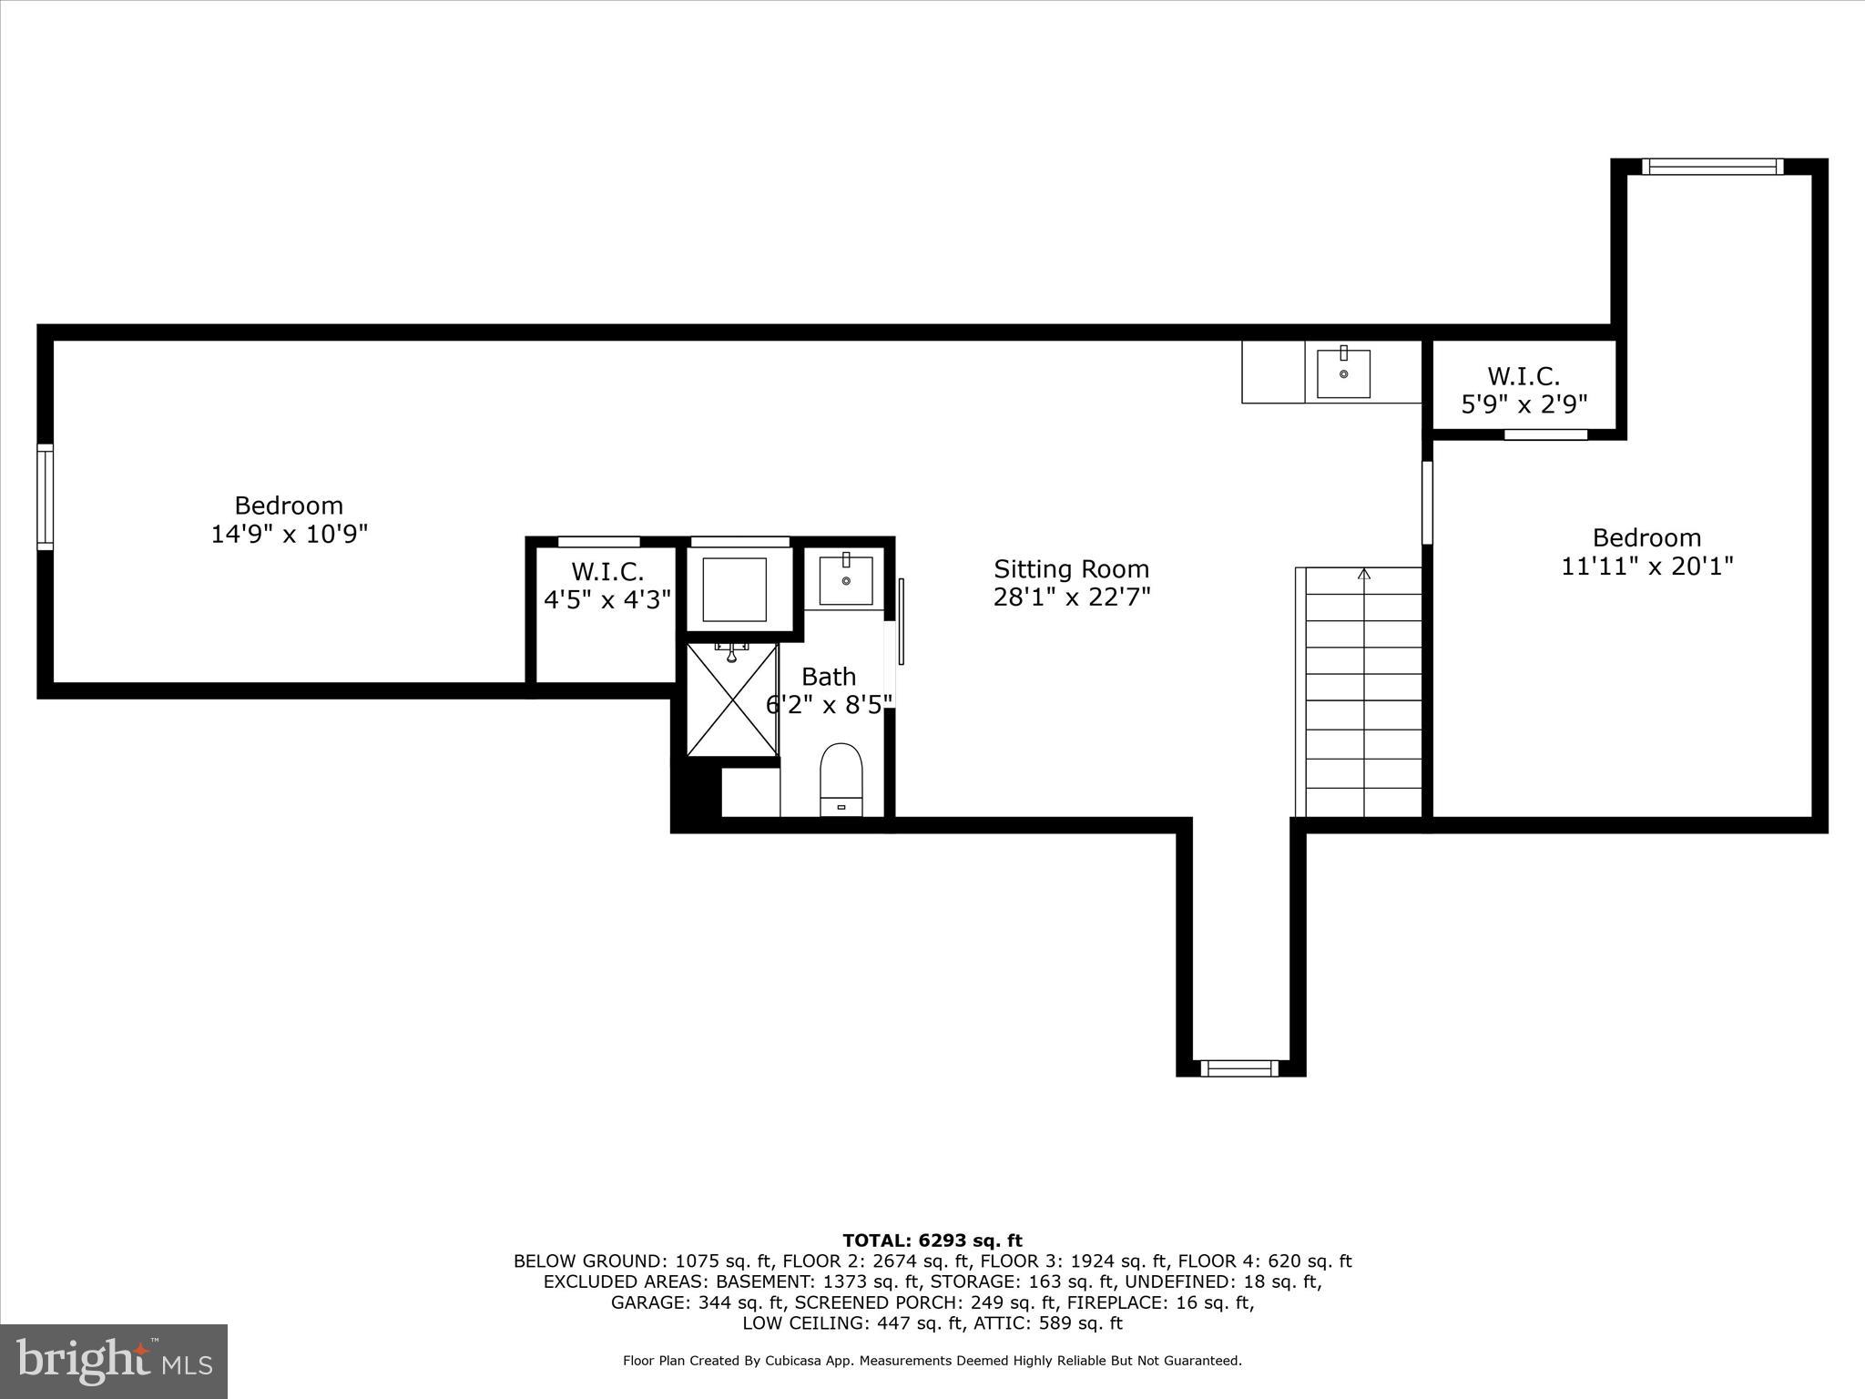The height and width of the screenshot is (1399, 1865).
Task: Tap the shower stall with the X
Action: (x=732, y=699)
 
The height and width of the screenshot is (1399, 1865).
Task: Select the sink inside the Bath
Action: (x=846, y=580)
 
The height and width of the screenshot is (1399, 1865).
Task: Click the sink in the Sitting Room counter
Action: (x=1343, y=373)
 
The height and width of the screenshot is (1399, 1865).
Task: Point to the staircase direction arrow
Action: (x=1363, y=574)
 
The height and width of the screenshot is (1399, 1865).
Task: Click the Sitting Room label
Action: (x=1071, y=569)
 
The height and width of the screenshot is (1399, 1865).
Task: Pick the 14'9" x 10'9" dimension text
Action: (x=289, y=534)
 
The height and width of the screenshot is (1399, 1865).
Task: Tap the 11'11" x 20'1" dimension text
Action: (x=1646, y=567)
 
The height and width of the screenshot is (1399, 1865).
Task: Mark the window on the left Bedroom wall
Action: (x=45, y=497)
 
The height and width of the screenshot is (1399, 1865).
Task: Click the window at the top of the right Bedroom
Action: (x=1712, y=167)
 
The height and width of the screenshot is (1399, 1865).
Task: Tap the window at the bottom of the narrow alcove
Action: (x=1238, y=1067)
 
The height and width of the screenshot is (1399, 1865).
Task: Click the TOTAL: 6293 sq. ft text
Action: (x=932, y=1241)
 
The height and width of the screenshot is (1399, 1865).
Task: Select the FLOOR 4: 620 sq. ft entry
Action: (x=1264, y=1261)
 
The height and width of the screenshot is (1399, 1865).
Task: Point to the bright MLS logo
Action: (x=114, y=1361)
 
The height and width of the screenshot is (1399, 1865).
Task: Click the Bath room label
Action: (x=829, y=677)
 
